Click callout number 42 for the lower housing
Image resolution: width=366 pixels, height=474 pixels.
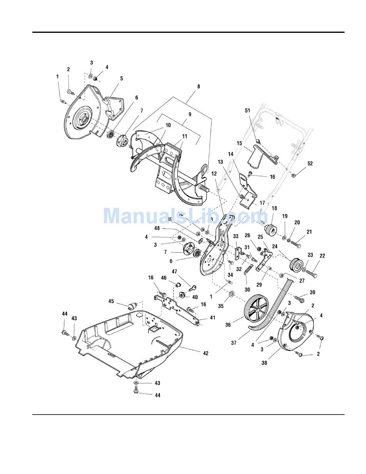(x=205, y=353)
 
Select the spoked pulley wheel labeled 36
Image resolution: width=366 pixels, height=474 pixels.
(x=258, y=309)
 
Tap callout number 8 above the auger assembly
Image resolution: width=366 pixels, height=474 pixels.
(x=198, y=86)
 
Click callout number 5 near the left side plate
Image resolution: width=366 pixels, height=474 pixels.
(x=121, y=79)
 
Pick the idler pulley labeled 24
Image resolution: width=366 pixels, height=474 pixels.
(x=296, y=264)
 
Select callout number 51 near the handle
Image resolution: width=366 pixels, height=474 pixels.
(x=247, y=110)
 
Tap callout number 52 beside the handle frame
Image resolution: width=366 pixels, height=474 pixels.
(x=310, y=163)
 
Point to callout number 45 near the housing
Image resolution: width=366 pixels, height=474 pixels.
(x=111, y=301)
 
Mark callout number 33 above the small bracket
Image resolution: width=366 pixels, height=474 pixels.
(x=236, y=236)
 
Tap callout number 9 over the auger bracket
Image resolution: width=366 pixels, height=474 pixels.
(x=190, y=114)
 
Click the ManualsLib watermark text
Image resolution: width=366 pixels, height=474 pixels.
(x=185, y=216)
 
